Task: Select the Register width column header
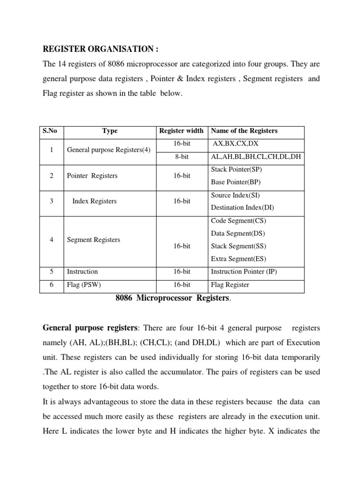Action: pyautogui.click(x=181, y=131)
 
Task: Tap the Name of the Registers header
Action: pyautogui.click(x=244, y=131)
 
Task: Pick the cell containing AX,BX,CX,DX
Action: pyautogui.click(x=235, y=143)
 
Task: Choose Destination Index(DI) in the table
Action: pyautogui.click(x=242, y=207)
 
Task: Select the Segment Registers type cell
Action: pyautogui.click(x=94, y=240)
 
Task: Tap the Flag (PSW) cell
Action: pyautogui.click(x=84, y=285)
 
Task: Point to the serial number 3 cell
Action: pyautogui.click(x=51, y=201)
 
